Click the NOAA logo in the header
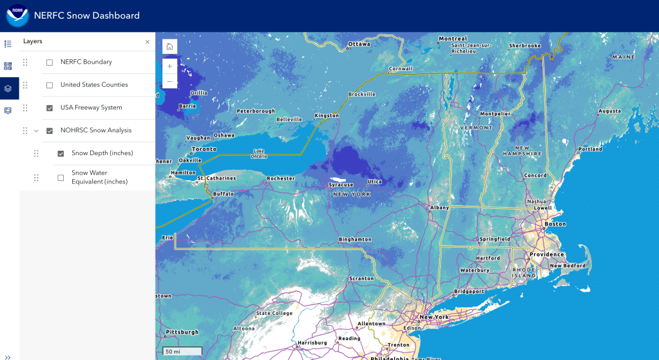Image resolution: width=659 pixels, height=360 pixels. [x=17, y=15]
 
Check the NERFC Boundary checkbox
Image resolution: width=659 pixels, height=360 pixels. [x=50, y=62]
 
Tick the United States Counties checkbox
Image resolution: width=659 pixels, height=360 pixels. [x=50, y=85]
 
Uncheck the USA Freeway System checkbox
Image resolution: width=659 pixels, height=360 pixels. [x=50, y=108]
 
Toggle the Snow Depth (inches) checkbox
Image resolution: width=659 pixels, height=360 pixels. [x=61, y=154]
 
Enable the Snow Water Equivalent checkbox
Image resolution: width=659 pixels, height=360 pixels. [x=61, y=178]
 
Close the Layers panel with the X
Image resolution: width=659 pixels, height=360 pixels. [x=148, y=42]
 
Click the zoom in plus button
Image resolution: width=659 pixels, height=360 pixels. [x=169, y=66]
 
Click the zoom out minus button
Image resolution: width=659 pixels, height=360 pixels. [x=169, y=82]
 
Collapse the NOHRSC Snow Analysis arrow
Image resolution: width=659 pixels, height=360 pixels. [x=37, y=131]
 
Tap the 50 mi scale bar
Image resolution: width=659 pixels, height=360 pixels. [x=182, y=352]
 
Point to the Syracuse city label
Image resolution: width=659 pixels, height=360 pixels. [x=341, y=185]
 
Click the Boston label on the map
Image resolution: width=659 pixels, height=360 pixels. [x=555, y=224]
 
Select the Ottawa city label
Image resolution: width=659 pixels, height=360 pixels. [x=359, y=44]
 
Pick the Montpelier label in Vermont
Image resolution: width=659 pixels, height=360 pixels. [x=495, y=114]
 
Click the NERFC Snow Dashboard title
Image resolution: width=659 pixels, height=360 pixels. [x=86, y=15]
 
